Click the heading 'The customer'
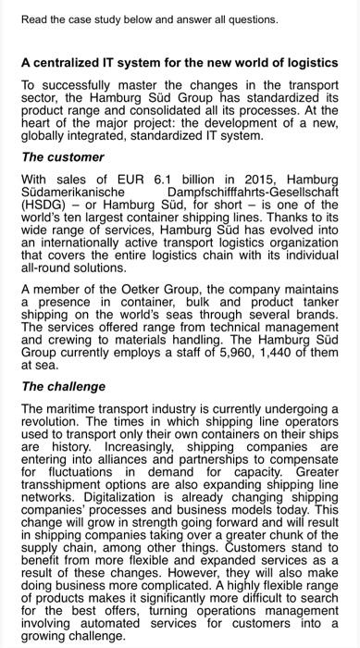[x=64, y=157]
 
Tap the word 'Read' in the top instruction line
[x=34, y=19]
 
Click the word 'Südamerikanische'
[x=75, y=191]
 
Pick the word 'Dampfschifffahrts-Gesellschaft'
[x=253, y=191]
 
